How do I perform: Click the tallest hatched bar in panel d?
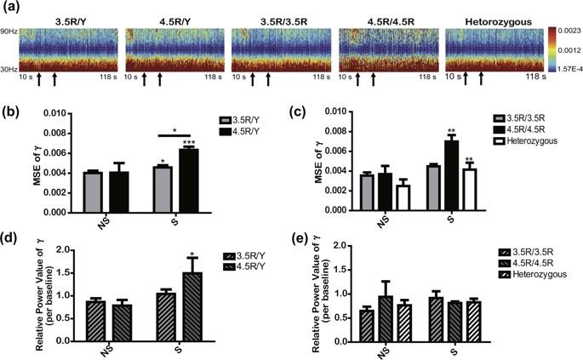194,301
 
